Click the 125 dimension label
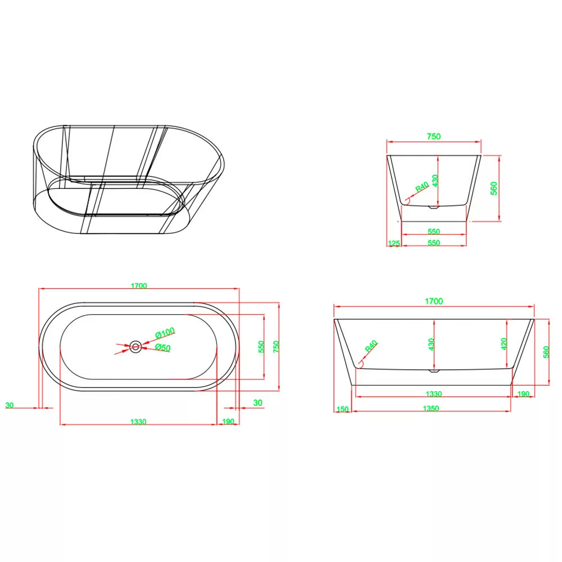393,243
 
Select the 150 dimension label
343,409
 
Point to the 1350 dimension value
431,408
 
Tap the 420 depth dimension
504,344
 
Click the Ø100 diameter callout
165,333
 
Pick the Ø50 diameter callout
163,347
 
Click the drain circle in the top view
135,347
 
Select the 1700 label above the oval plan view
139,285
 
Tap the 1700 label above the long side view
434,301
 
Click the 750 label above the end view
434,137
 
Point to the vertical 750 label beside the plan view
276,347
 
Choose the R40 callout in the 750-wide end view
422,187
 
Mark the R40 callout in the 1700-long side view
371,346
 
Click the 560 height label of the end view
494,188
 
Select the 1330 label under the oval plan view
138,422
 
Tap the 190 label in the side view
523,394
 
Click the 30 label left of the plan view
10,405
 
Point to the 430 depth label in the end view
435,180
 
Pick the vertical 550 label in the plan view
261,347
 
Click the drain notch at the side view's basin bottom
434,370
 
